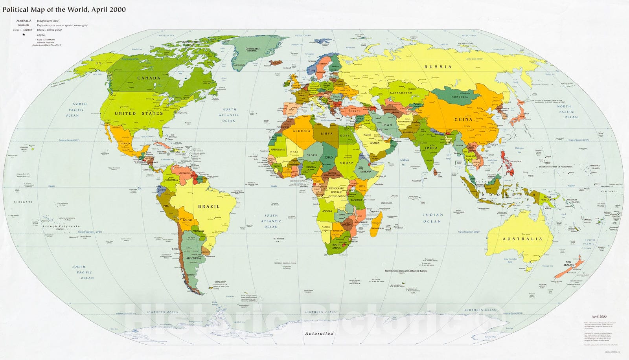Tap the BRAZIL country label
pos(209,206)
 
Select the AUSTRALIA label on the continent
pos(522,239)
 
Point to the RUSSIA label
pos(438,67)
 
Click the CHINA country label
pos(463,119)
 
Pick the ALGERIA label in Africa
pos(302,131)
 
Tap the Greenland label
pos(252,49)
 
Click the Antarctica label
pos(319,333)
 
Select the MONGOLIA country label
pos(460,97)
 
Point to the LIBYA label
pos(327,133)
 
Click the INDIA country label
pos(431,148)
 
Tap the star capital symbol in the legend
pos(24,35)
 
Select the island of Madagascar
pos(377,224)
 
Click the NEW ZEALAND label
pos(570,264)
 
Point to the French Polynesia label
pos(61,226)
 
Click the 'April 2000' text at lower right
pos(599,316)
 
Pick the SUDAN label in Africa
pos(347,162)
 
